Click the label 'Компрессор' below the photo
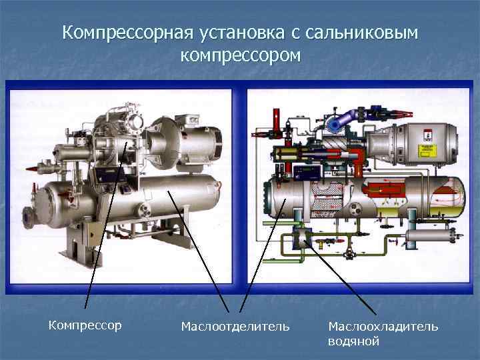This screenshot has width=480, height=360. coord(85,325)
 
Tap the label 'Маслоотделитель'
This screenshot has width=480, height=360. coord(235,326)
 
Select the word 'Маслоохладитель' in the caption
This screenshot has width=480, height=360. coord(383,326)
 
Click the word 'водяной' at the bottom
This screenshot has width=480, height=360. coord(353,341)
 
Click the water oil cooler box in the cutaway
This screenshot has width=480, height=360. coord(303,237)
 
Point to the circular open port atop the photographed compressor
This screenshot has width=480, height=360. coord(136,123)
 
